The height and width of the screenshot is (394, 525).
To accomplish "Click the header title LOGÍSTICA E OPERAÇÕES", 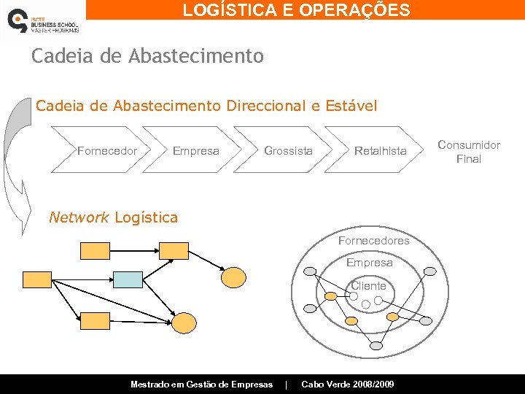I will click(296, 9).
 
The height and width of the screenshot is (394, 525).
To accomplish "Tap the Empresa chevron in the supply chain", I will click(195, 151).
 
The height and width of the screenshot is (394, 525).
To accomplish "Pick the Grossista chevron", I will click(288, 151).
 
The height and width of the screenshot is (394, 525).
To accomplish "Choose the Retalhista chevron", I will click(380, 151).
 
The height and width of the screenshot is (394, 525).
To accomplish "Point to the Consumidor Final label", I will click(469, 152).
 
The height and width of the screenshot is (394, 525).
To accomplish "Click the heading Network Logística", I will click(112, 217).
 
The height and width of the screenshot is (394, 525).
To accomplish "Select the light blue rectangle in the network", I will click(128, 279).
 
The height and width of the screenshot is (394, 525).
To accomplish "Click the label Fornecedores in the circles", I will click(373, 241).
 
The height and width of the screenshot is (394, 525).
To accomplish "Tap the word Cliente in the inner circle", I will click(368, 286).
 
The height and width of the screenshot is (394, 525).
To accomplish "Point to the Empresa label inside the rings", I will click(369, 263).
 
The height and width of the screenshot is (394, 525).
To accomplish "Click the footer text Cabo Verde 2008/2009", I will click(348, 385).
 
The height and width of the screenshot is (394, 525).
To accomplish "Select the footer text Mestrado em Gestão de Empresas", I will click(201, 385).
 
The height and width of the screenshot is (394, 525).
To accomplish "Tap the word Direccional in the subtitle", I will click(267, 106).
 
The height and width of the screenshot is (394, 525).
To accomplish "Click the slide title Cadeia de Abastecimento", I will click(147, 56).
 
